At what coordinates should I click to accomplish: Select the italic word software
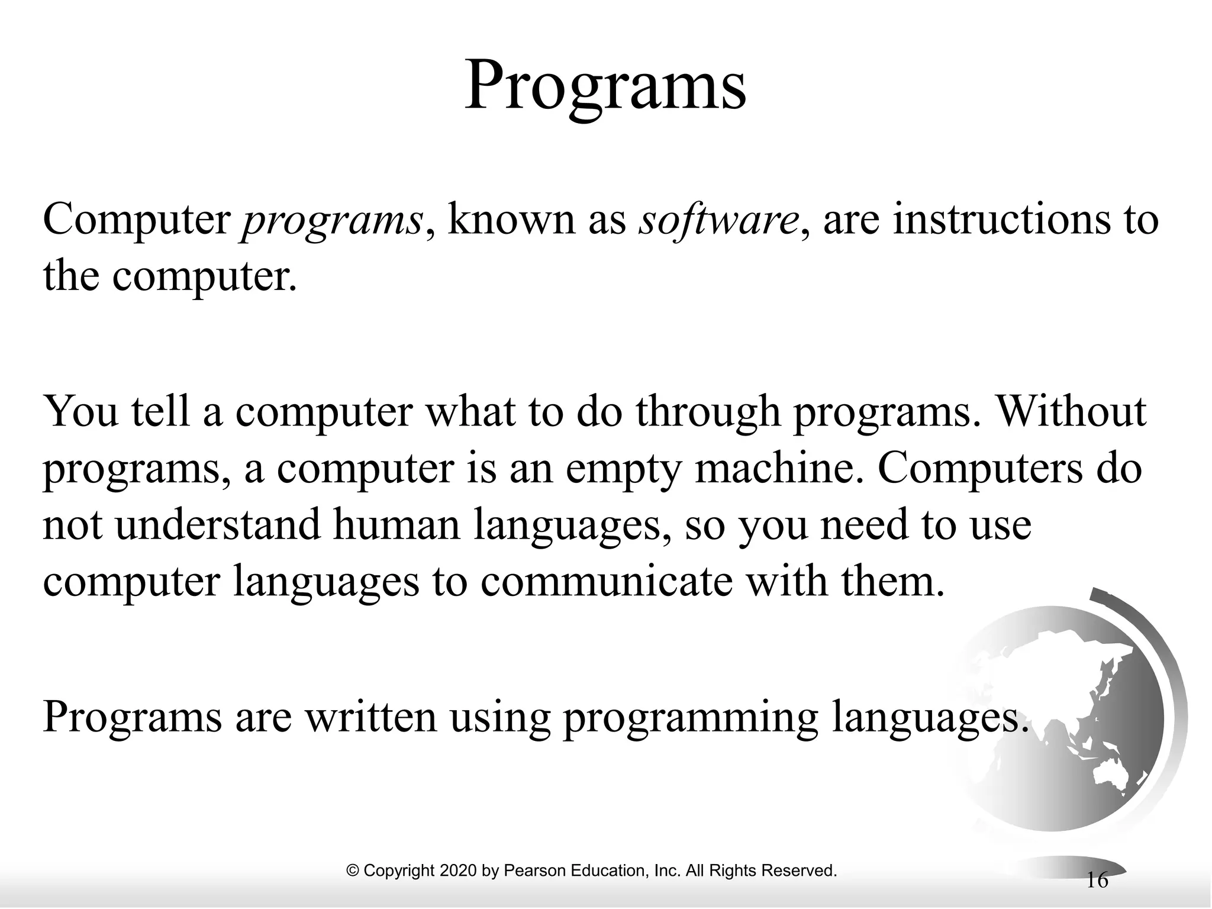718,221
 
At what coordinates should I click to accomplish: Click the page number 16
1097,881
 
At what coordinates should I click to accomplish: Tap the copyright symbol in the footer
353,871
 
